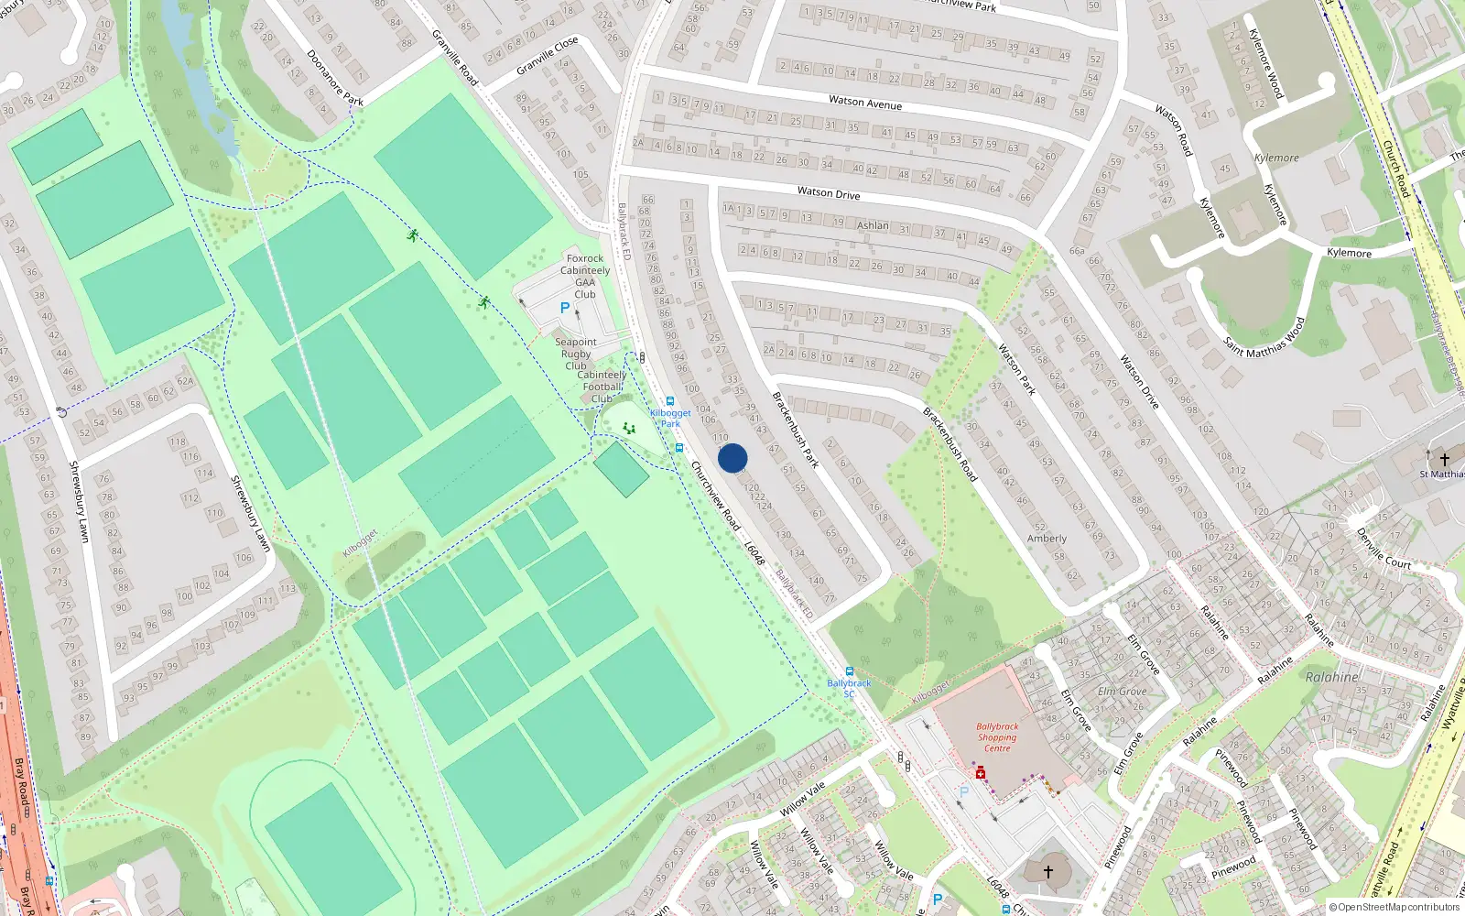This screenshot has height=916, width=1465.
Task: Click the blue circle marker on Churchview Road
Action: click(732, 458)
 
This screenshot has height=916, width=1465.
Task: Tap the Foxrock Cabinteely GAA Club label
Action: click(585, 277)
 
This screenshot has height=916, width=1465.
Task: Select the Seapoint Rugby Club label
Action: click(575, 354)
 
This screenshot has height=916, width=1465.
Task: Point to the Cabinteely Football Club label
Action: click(602, 387)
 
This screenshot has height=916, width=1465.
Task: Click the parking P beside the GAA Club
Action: click(565, 309)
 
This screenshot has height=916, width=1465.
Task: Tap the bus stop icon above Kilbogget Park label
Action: click(670, 401)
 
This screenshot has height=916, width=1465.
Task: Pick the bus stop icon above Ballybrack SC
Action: click(849, 671)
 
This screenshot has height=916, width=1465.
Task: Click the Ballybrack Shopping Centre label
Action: click(997, 737)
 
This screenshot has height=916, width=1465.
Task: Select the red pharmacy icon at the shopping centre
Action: click(981, 774)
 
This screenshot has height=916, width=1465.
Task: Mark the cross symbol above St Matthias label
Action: click(1445, 460)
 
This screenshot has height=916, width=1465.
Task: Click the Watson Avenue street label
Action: click(865, 103)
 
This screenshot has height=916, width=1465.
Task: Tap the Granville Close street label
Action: click(548, 57)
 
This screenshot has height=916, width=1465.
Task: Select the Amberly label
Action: click(1047, 539)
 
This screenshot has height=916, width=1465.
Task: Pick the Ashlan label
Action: click(873, 225)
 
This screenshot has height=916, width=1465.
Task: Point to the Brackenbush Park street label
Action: click(795, 430)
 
